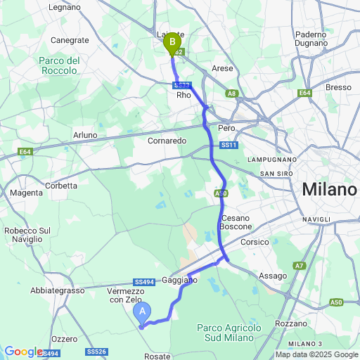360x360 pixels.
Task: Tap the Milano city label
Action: pyautogui.click(x=329, y=190)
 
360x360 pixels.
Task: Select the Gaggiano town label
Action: pyautogui.click(x=184, y=280)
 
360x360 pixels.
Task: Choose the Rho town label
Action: pyautogui.click(x=184, y=95)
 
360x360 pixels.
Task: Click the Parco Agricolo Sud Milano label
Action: pyautogui.click(x=229, y=333)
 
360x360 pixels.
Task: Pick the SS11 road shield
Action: pyautogui.click(x=228, y=145)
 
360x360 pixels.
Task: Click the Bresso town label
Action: pyautogui.click(x=338, y=87)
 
